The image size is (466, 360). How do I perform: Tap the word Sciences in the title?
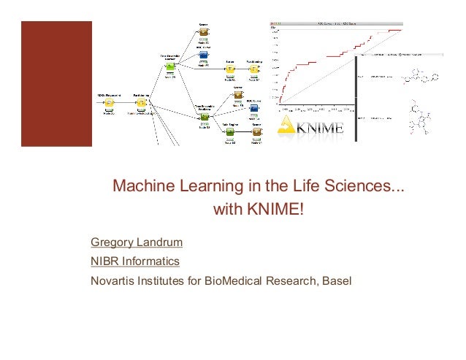(363, 188)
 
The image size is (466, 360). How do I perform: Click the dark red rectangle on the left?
(56, 83)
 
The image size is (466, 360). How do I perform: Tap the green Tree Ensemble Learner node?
(169, 67)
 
